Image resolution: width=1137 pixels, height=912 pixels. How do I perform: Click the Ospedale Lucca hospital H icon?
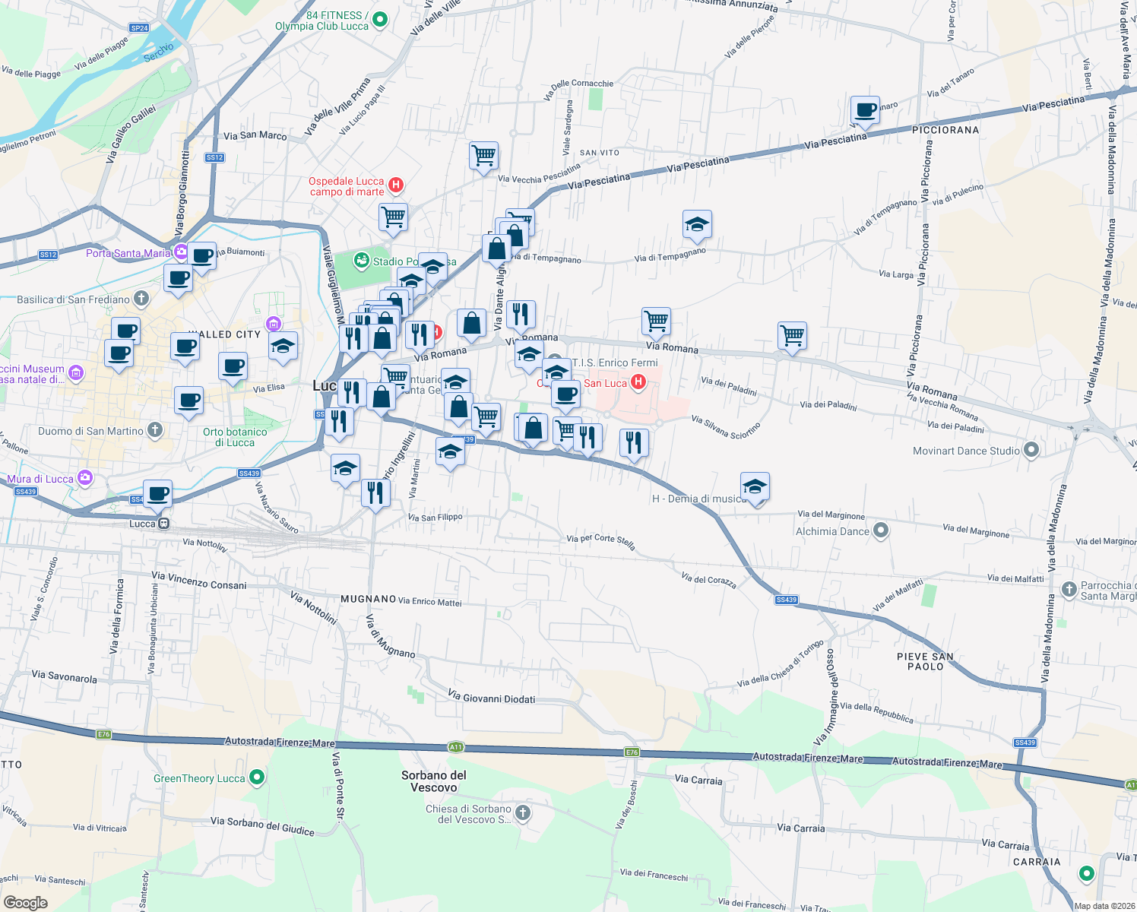coord(395,185)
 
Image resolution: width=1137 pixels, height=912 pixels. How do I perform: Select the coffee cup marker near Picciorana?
coord(865,110)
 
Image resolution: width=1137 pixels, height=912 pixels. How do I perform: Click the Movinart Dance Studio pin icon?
coord(1031,450)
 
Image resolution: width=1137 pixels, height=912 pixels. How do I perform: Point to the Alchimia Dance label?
coord(831,531)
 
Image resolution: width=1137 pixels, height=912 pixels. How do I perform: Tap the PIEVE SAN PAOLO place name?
coord(925,661)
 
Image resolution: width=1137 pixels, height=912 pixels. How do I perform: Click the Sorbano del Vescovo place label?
coord(434,781)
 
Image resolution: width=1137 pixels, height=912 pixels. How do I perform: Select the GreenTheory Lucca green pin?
coord(257,777)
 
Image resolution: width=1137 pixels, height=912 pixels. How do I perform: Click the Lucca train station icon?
coord(163,523)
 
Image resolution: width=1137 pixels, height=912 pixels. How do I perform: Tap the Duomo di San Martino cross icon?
coord(155,430)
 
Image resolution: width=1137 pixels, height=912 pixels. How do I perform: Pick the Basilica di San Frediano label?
coord(73,299)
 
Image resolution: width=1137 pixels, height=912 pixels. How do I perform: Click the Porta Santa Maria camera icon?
coord(181,252)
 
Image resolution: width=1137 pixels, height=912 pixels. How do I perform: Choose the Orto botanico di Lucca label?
coord(235,437)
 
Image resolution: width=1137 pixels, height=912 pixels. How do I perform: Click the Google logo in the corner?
coord(26,902)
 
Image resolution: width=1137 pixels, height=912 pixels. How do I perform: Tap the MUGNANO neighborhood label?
coord(368,599)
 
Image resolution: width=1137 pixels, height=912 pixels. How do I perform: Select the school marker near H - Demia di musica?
coord(754,486)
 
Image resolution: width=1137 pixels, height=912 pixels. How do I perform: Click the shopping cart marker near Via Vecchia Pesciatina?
coord(483,156)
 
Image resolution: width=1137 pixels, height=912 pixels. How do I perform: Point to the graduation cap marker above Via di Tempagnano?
coord(697,224)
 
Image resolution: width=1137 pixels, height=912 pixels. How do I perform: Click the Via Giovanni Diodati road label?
coord(491,698)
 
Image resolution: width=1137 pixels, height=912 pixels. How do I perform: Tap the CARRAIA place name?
coord(1037,862)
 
